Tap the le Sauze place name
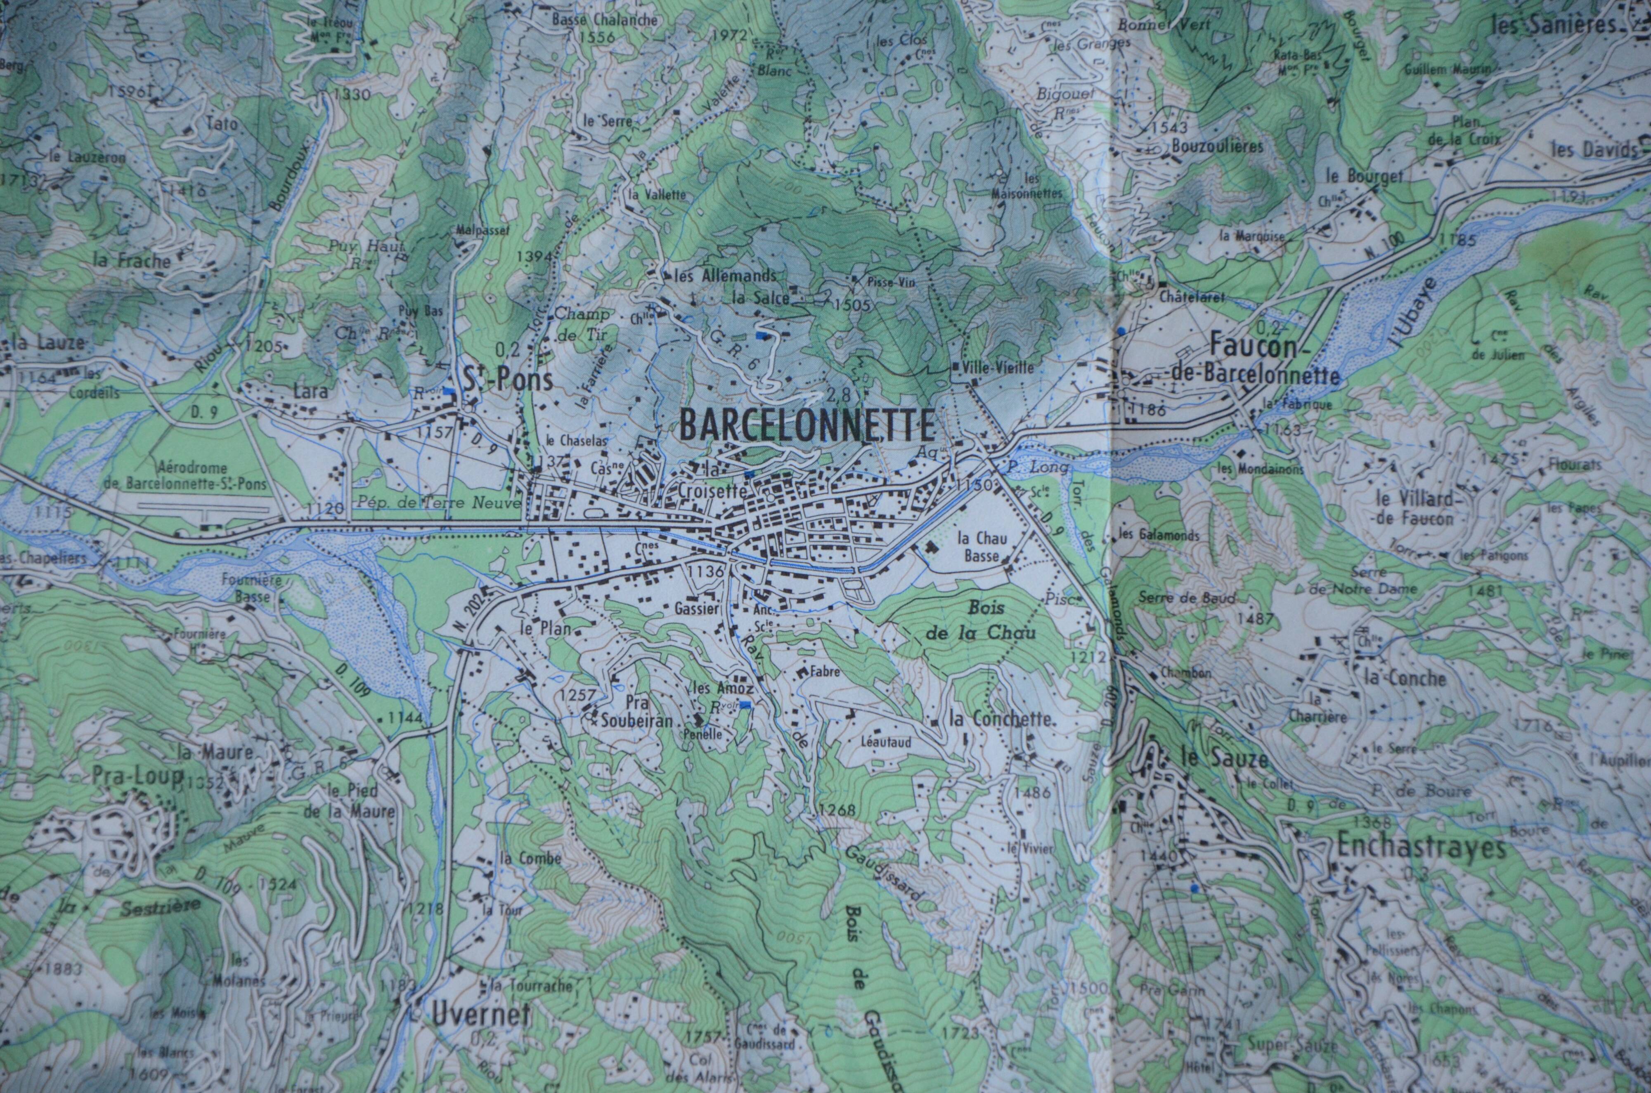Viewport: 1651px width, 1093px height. tap(1225, 757)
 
